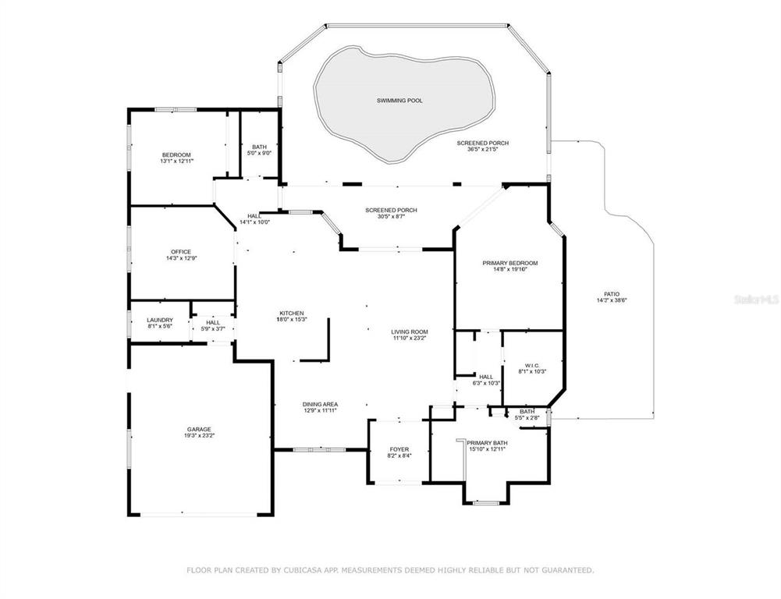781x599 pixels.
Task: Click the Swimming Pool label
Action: pyautogui.click(x=399, y=101)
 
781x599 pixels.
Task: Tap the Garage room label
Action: pyautogui.click(x=200, y=430)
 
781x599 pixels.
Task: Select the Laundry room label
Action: pyautogui.click(x=160, y=320)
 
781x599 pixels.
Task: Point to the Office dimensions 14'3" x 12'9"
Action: pyautogui.click(x=181, y=258)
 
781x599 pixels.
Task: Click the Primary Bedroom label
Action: pyautogui.click(x=509, y=264)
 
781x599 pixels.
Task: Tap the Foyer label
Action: pyautogui.click(x=399, y=449)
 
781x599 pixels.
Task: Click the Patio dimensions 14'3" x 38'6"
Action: pyautogui.click(x=612, y=300)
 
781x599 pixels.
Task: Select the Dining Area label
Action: pyautogui.click(x=320, y=404)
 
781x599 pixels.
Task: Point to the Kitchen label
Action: pyautogui.click(x=292, y=314)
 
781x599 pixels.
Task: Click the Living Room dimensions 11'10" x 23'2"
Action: pyautogui.click(x=410, y=339)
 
